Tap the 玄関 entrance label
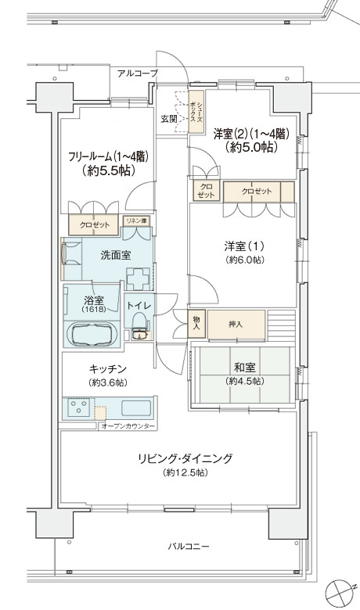[x=169, y=119]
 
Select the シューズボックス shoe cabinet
[x=196, y=112]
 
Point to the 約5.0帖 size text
[x=251, y=148]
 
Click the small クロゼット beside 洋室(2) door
[x=206, y=191]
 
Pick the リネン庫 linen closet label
[x=136, y=221]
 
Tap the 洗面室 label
[x=116, y=255]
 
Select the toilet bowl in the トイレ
[x=139, y=325]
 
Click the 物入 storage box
[x=196, y=323]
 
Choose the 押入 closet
[x=236, y=325]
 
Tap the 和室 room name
[x=245, y=368]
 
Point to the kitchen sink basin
[x=136, y=407]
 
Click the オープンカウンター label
[x=128, y=426]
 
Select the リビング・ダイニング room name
[x=185, y=458]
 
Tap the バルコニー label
[x=189, y=547]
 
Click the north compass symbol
[x=338, y=591]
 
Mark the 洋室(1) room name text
[x=244, y=246]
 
